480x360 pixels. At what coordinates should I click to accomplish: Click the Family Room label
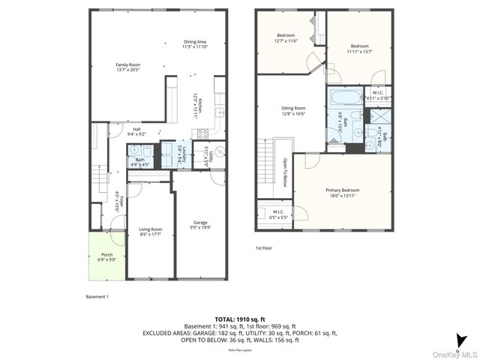click(x=127, y=68)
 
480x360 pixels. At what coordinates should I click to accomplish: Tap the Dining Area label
click(x=194, y=43)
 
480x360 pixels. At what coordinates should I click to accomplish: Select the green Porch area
click(x=106, y=257)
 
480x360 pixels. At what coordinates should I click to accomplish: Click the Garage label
click(x=200, y=225)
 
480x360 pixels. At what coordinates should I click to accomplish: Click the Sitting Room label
click(x=294, y=110)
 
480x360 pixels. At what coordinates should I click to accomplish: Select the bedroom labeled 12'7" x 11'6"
click(x=286, y=38)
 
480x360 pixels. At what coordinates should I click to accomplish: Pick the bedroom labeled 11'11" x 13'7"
click(x=359, y=49)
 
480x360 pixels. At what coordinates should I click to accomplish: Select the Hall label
click(x=136, y=131)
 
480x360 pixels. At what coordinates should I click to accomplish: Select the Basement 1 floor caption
click(x=97, y=296)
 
